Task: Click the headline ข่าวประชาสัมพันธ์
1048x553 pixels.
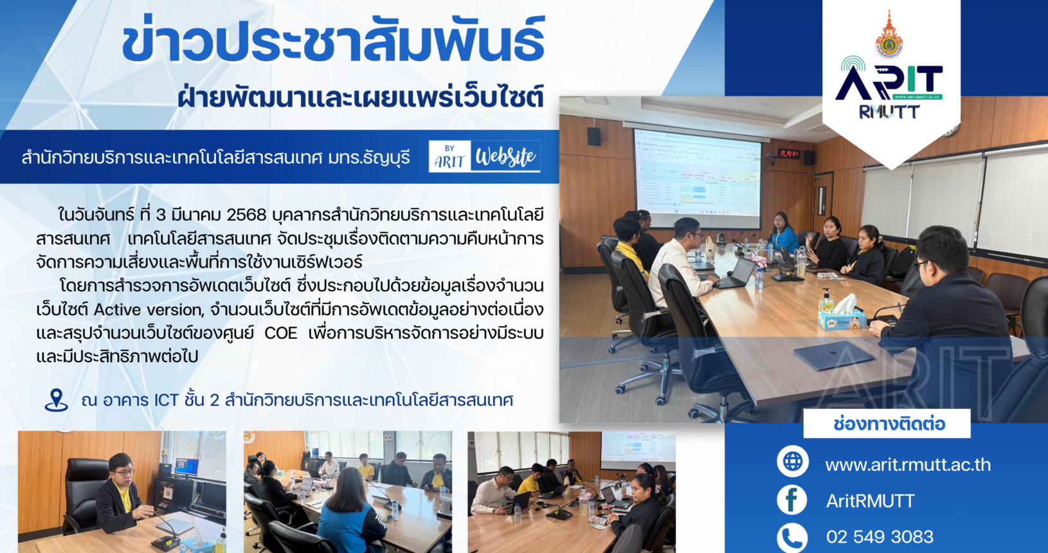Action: tap(333, 40)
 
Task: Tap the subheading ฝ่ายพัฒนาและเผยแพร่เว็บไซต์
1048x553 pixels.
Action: tap(360, 96)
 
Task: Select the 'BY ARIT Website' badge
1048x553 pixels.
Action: tap(484, 156)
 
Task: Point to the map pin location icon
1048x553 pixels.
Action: tap(56, 400)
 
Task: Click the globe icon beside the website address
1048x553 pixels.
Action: tap(793, 461)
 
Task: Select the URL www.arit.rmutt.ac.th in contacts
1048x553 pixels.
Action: tap(908, 464)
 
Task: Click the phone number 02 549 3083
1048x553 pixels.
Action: tap(880, 537)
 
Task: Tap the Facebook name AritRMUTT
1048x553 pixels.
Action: tap(870, 501)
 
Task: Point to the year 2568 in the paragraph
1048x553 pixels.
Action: tap(246, 215)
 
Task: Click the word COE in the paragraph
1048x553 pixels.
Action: tap(281, 333)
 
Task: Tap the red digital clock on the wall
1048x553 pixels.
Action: tap(789, 153)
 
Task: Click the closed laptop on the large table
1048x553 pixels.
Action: tap(833, 356)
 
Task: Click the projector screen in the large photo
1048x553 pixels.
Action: tap(697, 173)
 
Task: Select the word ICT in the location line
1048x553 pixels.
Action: tap(167, 401)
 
